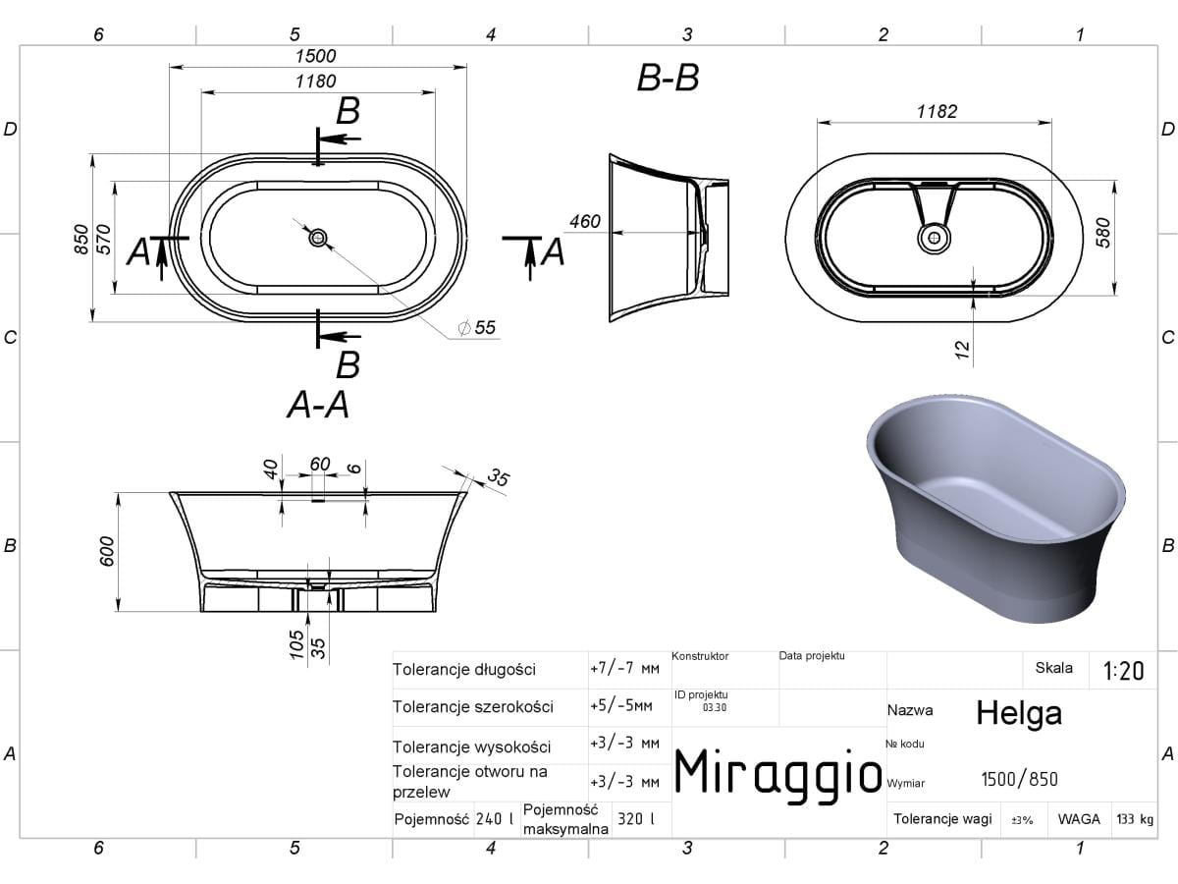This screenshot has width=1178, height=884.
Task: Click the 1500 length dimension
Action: coord(315,56)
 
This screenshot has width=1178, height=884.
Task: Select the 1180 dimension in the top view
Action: coord(315,82)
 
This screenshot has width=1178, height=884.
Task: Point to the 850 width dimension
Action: coord(81,239)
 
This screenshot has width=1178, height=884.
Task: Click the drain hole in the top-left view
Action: coord(318,238)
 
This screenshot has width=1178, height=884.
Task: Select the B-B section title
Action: coord(668,78)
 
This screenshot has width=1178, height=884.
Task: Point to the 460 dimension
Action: coord(585,221)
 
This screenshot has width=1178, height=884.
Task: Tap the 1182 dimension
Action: coord(937,111)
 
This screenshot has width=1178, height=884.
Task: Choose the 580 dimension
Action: coord(1102,233)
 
